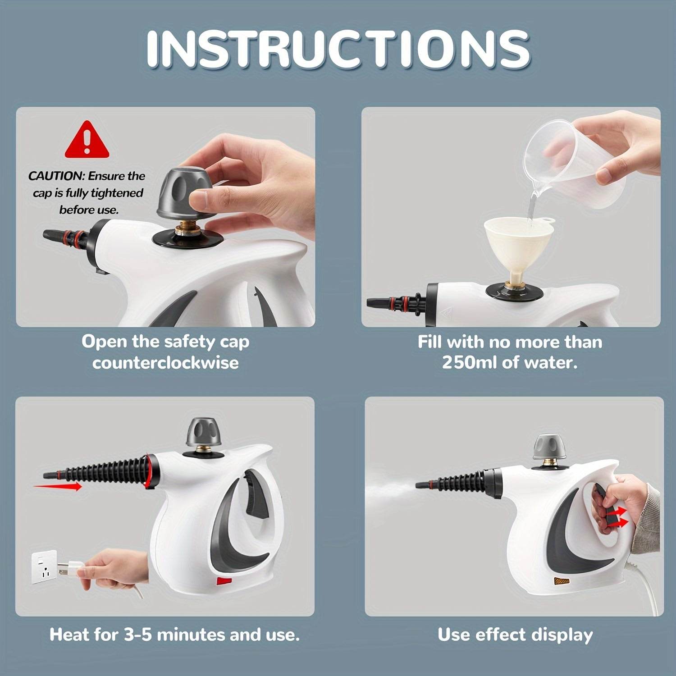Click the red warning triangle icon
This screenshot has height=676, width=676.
87,141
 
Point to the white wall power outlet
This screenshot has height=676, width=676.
44,566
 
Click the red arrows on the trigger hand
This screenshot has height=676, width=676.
617,516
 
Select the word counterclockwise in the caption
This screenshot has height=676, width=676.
165,363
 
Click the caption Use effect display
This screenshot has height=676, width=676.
515,635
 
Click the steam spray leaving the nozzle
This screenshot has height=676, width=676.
392,487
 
